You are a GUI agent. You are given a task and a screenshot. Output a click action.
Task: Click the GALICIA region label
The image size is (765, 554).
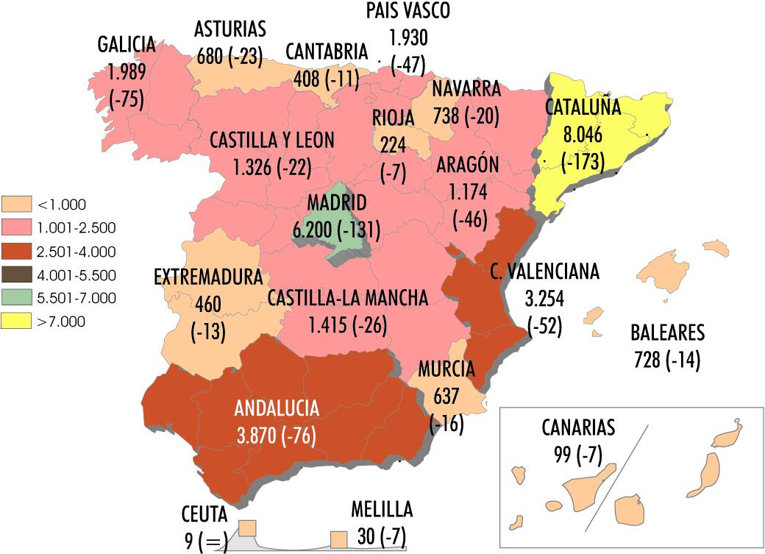tap(127, 45)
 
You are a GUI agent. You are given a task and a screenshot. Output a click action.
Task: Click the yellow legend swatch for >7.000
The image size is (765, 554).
tap(17, 321)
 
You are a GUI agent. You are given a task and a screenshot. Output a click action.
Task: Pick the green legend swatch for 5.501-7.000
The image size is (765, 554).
tap(17, 298)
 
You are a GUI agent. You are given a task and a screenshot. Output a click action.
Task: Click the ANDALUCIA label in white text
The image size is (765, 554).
tap(277, 409)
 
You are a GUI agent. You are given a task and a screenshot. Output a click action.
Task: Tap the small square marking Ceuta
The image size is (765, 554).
tap(247, 528)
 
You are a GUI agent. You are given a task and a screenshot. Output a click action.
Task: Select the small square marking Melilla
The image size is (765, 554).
tap(338, 539)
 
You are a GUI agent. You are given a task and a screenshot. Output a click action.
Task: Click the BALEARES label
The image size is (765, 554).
tap(667, 333)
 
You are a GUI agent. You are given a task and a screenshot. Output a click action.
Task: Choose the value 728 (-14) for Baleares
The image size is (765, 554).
tap(667, 361)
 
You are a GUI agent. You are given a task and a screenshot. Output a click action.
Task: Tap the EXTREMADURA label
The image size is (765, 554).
tap(208, 277)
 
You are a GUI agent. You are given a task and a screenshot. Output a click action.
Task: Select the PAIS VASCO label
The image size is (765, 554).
tap(408, 10)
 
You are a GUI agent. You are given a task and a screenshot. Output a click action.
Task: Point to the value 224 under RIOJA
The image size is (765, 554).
tap(390, 144)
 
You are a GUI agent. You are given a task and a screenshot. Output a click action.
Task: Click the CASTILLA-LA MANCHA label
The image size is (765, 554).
tap(347, 298)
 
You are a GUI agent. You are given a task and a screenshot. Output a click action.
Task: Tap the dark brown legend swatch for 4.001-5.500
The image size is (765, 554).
tap(17, 274)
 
